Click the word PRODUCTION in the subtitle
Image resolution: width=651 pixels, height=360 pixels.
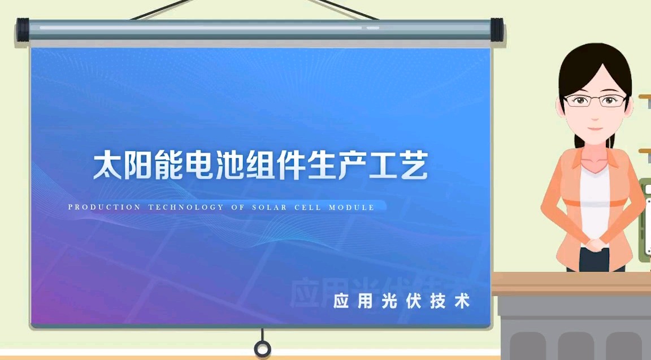[104, 207]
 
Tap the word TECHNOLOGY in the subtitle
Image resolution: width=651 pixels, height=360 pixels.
[186, 207]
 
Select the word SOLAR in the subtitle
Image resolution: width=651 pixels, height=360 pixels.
[270, 207]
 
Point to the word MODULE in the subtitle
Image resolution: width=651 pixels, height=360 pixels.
[351, 207]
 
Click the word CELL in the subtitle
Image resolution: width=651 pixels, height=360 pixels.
[307, 207]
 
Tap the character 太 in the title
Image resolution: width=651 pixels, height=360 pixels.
[107, 165]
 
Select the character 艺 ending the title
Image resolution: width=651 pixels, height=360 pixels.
[414, 165]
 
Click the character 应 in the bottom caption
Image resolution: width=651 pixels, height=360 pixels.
[341, 301]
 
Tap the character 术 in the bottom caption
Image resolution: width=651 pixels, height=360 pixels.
[462, 301]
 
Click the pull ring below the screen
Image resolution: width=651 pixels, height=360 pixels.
[262, 348]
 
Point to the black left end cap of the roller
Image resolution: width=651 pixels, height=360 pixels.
[23, 30]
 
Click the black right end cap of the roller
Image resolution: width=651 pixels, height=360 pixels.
[497, 30]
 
